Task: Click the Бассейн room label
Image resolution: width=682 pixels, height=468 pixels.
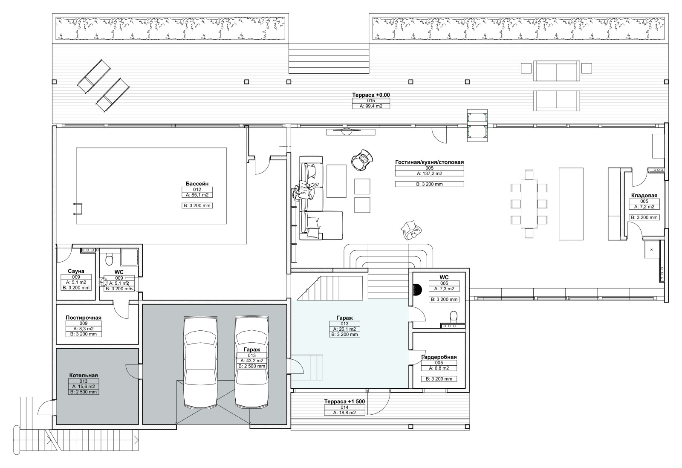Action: pyautogui.click(x=197, y=184)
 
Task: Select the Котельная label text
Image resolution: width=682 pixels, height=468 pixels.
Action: pyautogui.click(x=84, y=375)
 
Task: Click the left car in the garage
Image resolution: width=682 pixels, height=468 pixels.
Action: pyautogui.click(x=200, y=362)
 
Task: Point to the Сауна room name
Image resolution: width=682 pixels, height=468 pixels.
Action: pyautogui.click(x=76, y=271)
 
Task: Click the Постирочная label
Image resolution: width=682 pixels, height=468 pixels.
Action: pyautogui.click(x=84, y=318)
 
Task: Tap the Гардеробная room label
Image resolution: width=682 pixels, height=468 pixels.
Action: pyautogui.click(x=439, y=357)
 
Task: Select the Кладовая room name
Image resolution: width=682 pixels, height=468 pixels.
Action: pyautogui.click(x=644, y=196)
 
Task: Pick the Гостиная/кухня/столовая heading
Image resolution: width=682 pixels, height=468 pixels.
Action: pyautogui.click(x=430, y=162)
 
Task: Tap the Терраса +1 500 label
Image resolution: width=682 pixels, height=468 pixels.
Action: pyautogui.click(x=344, y=402)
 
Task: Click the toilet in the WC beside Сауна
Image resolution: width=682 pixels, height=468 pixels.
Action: pyautogui.click(x=109, y=260)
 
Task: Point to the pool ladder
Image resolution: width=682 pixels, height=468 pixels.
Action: pyautogui.click(x=78, y=209)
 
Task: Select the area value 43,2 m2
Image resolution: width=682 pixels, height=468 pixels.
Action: pyautogui.click(x=252, y=361)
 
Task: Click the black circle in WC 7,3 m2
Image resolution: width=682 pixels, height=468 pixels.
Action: pyautogui.click(x=416, y=289)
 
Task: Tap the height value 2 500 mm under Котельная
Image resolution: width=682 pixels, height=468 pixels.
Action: pyautogui.click(x=84, y=392)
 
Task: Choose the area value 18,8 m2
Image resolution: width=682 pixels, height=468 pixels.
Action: pyautogui.click(x=344, y=413)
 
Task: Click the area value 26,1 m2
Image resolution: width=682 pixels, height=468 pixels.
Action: pyautogui.click(x=344, y=329)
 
